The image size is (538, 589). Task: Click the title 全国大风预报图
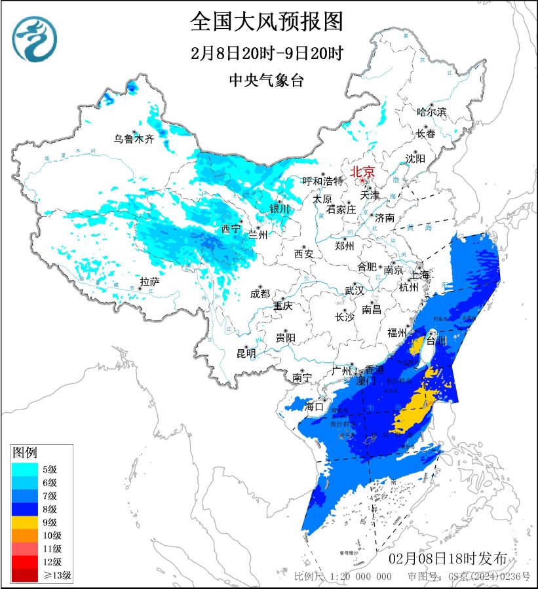click(267, 22)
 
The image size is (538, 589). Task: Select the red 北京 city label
click(362, 172)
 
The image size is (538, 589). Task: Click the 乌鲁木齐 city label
click(133, 139)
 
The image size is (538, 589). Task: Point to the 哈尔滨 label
click(431, 112)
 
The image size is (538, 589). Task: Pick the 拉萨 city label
click(149, 282)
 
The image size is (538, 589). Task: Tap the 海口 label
click(315, 406)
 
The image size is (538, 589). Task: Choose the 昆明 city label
click(246, 354)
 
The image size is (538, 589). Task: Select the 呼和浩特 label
click(322, 181)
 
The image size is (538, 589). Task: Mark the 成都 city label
click(260, 294)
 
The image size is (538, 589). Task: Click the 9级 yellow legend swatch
click(26, 522)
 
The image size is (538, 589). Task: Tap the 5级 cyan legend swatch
click(26, 468)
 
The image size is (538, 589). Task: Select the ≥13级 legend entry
click(26, 576)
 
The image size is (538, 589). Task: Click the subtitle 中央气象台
click(267, 81)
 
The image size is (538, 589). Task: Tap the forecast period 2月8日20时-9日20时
click(267, 53)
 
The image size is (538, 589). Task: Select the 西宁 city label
click(231, 229)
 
